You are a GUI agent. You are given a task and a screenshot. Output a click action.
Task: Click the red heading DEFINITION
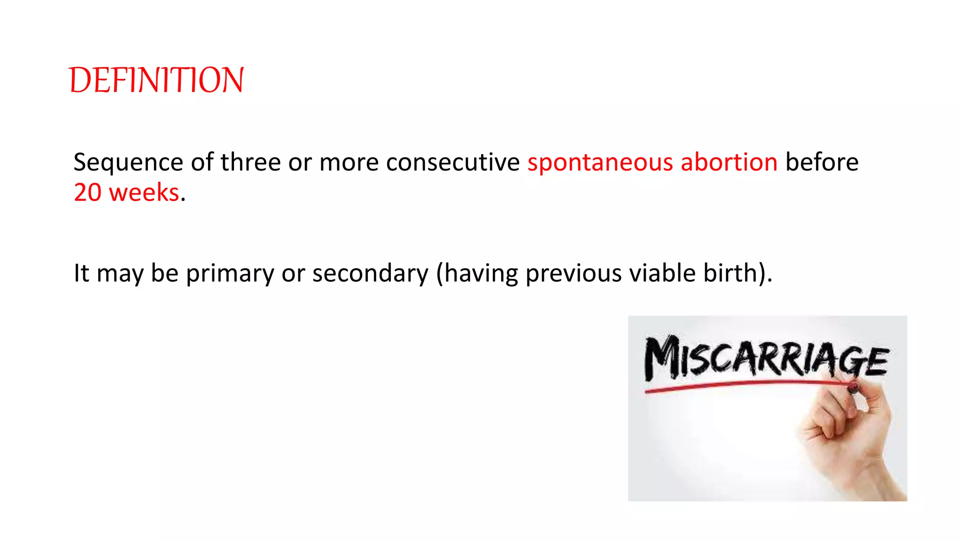pos(156,80)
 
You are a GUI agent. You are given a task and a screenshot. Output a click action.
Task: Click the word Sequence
pos(128,162)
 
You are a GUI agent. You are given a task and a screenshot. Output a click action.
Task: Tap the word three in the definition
pos(250,162)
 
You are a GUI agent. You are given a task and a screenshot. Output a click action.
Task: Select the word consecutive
pos(453,162)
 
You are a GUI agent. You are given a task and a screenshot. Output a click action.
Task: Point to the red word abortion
pos(729,162)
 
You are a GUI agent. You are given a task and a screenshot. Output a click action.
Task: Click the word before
pos(822,162)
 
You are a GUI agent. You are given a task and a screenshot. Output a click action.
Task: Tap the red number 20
pos(87,193)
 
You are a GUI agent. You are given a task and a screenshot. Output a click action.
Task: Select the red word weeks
pos(144,193)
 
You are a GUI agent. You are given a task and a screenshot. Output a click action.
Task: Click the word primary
pos(230,273)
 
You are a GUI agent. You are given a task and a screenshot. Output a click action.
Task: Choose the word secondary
pos(370,273)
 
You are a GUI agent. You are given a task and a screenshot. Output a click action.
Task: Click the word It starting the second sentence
pos(81,273)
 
